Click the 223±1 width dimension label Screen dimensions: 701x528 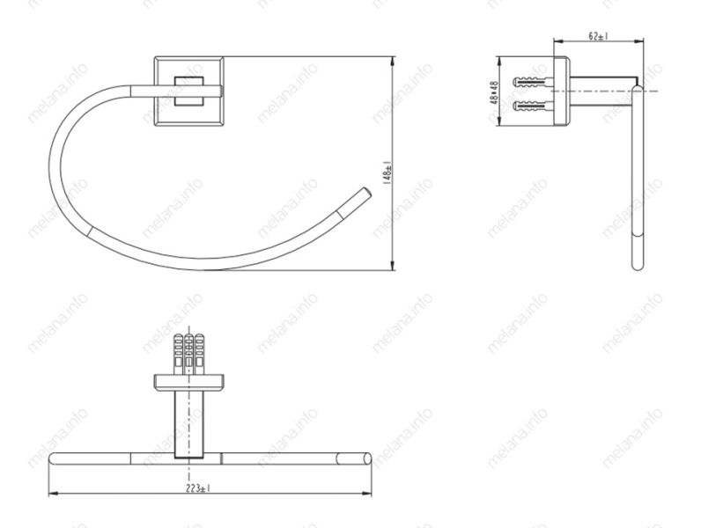[198, 488]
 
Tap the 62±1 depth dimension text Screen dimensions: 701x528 [598, 36]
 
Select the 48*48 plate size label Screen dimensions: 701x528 [494, 92]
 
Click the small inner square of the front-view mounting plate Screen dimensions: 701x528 [188, 92]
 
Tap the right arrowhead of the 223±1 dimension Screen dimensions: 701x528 [366, 494]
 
